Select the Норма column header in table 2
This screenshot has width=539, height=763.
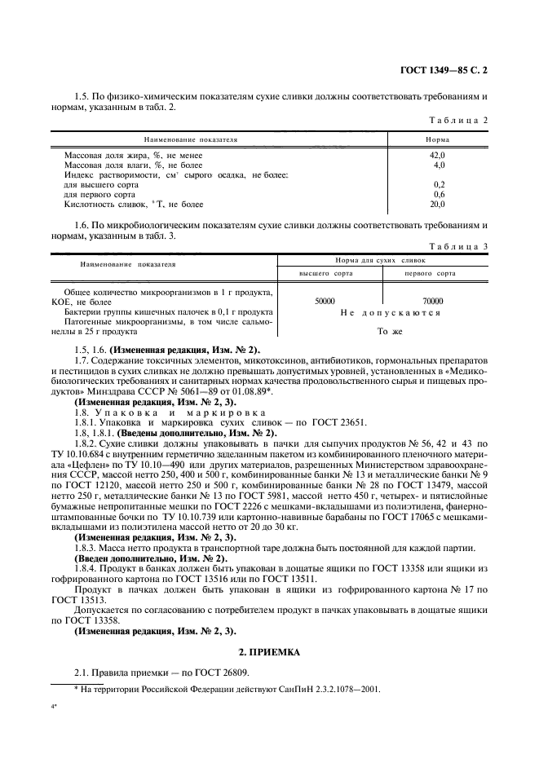[438, 139]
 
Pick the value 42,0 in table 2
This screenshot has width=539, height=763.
[438, 155]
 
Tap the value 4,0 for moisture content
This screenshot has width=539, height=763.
[438, 165]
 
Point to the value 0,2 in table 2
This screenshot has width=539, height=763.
[438, 184]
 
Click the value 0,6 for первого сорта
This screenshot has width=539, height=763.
[438, 194]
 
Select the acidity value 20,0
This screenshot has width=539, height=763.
[438, 204]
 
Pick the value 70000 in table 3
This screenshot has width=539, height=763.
[433, 301]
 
